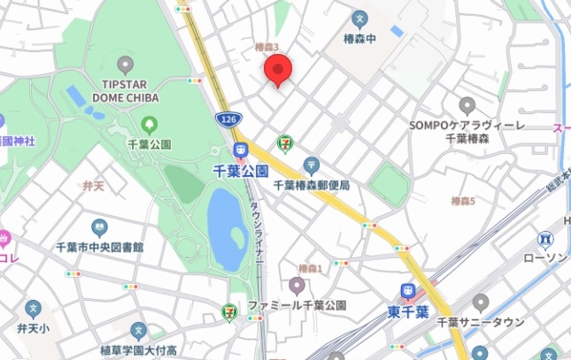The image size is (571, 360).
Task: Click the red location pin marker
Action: (279, 69)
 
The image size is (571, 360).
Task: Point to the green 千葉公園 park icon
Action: (149, 125)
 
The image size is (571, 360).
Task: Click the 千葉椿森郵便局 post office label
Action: (312, 186)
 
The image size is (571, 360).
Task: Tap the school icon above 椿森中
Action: (359, 18)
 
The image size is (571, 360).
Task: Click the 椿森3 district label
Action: (266, 47)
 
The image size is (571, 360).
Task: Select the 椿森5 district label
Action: (463, 203)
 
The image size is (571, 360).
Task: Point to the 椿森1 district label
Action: (311, 268)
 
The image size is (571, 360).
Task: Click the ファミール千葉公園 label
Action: (297, 305)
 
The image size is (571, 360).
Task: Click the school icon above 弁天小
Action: (33, 310)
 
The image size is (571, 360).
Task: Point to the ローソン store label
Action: (544, 257)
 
